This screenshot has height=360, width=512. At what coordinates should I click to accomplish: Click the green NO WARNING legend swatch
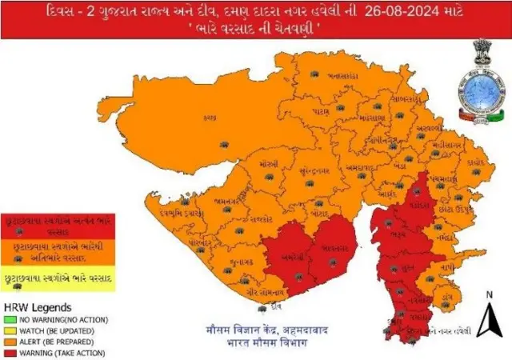coord(10,320)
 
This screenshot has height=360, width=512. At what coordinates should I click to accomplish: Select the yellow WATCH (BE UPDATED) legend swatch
coord(10,330)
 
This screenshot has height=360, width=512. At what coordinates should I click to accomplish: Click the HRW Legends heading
coord(38,307)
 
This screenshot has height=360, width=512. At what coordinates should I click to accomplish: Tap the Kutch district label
coord(210,116)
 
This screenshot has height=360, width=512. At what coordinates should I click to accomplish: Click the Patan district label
coord(321,104)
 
